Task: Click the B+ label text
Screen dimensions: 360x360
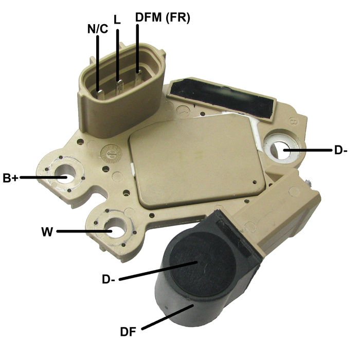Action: pyautogui.click(x=10, y=178)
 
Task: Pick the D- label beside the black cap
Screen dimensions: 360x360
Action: pyautogui.click(x=109, y=279)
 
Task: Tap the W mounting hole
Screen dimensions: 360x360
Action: pyautogui.click(x=115, y=229)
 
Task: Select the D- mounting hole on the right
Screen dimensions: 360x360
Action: pyautogui.click(x=281, y=148)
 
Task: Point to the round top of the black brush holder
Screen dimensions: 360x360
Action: pyautogui.click(x=195, y=260)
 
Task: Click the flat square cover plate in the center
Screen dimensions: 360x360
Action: pyautogui.click(x=198, y=159)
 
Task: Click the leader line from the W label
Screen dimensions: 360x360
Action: pyautogui.click(x=82, y=231)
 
